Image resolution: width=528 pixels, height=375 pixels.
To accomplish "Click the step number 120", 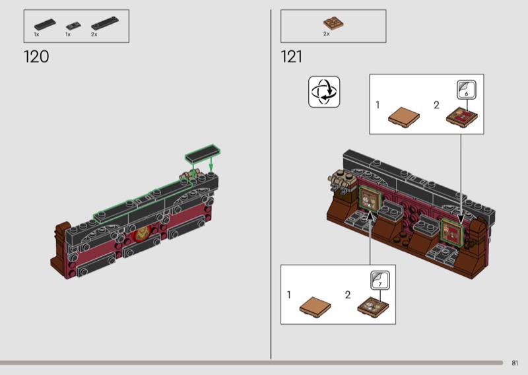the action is (x=36, y=57).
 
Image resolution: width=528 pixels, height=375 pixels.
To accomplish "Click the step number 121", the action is (x=291, y=57).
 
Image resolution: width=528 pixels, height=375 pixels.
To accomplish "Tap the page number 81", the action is (x=515, y=363).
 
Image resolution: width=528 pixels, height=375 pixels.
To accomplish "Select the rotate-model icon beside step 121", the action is (x=324, y=92).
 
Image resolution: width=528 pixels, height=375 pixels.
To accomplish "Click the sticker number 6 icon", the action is (x=467, y=90).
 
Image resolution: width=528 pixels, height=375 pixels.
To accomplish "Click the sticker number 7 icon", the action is (x=380, y=281).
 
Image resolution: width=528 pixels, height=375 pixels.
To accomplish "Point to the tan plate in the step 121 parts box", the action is (x=333, y=24).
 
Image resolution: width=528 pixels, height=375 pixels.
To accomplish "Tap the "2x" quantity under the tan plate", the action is (x=326, y=34).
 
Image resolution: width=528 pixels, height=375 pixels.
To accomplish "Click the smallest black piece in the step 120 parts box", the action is (x=73, y=26).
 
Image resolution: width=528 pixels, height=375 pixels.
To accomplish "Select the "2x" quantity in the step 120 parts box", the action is (x=94, y=34).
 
